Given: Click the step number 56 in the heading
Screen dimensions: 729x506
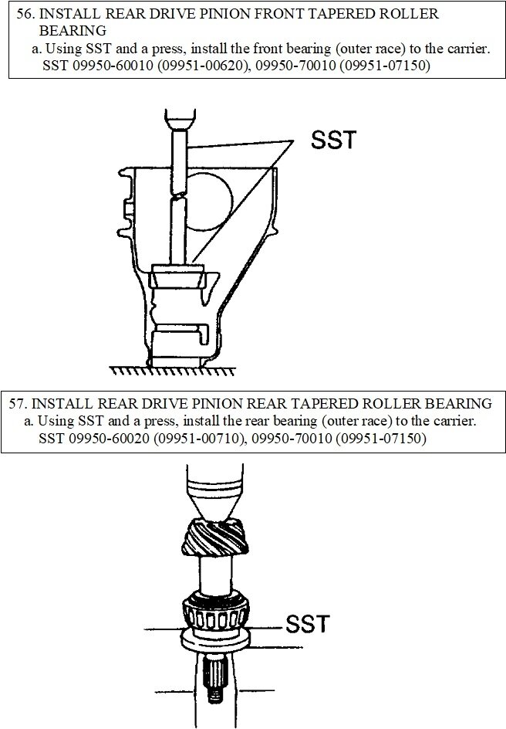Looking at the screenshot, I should [25, 15].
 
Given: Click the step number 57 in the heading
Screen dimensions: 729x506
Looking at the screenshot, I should [19, 404].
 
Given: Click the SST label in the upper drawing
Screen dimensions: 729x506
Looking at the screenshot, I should [333, 140].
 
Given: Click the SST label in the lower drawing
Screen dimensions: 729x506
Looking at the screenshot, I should [308, 623].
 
